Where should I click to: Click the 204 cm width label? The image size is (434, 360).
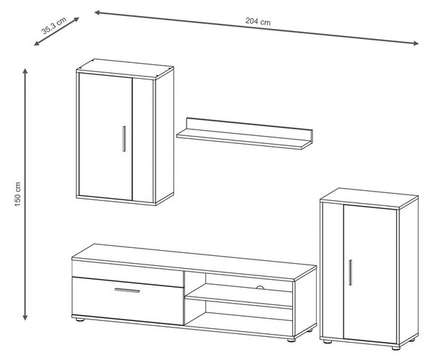coord(258,22)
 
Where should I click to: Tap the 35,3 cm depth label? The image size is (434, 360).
coord(54,26)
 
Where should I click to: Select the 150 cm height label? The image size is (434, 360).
coord(17,194)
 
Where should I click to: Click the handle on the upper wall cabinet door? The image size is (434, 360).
coord(124,139)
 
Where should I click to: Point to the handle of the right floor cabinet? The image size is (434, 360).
coord(350,273)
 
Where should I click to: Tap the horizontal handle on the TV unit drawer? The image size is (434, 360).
coord(127,291)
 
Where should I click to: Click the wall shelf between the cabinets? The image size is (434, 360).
coord(244,134)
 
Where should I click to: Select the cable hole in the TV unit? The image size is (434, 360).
coord(260,288)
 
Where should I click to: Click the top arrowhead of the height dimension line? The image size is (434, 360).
coord(25,71)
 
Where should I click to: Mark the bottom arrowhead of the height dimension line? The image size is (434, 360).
coord(25,317)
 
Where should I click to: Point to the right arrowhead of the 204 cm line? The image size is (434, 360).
coord(416,43)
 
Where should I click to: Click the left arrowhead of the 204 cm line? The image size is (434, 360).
coord(98,12)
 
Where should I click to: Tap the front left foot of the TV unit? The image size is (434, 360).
coord(80,320)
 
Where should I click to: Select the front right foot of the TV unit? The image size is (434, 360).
coord(292,340)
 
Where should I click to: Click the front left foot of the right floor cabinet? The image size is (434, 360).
coord(328,342)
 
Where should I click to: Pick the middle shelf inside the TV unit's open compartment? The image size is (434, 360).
coord(239,296)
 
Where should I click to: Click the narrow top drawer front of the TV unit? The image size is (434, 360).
coord(128,273)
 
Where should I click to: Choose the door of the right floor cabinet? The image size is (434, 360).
coord(370,274)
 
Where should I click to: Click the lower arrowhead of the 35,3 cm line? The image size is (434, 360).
coord(37,43)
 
